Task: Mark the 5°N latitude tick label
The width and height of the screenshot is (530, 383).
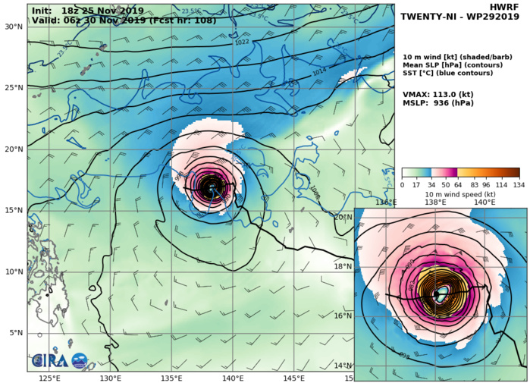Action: pos(14,333)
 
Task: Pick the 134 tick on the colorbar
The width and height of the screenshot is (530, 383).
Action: pos(519,184)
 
